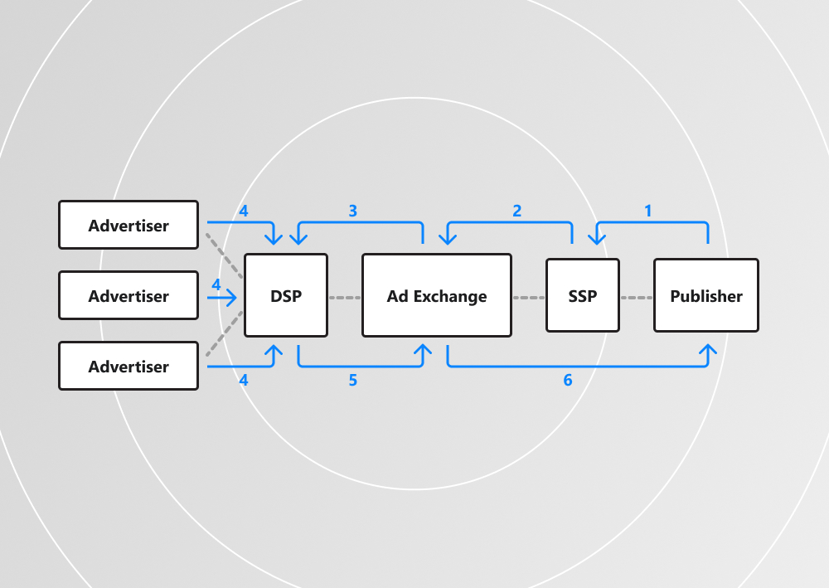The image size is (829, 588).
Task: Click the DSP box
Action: coord(286,295)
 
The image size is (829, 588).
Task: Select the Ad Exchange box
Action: coord(436,295)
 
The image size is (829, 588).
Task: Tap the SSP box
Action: coord(582,295)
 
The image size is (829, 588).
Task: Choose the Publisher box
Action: coord(706,295)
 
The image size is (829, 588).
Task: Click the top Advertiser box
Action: coord(128,225)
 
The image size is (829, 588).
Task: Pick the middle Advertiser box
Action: coord(128,295)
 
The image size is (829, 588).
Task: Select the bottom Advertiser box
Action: coord(128,366)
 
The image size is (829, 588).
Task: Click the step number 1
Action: coord(648,211)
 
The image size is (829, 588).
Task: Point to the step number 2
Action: coord(517,211)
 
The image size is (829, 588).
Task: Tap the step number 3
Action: coord(352,211)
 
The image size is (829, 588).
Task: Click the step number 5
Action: coord(352,381)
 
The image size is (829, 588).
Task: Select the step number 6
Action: coord(568,381)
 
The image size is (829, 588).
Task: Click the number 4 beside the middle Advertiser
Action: coord(216,284)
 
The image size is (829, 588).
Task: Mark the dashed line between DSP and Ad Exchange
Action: coord(345,296)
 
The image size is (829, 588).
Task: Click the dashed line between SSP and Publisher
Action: coord(636,296)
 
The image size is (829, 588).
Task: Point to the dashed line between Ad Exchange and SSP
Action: coord(528,296)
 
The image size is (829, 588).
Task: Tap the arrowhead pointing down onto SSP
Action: coord(597,240)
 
